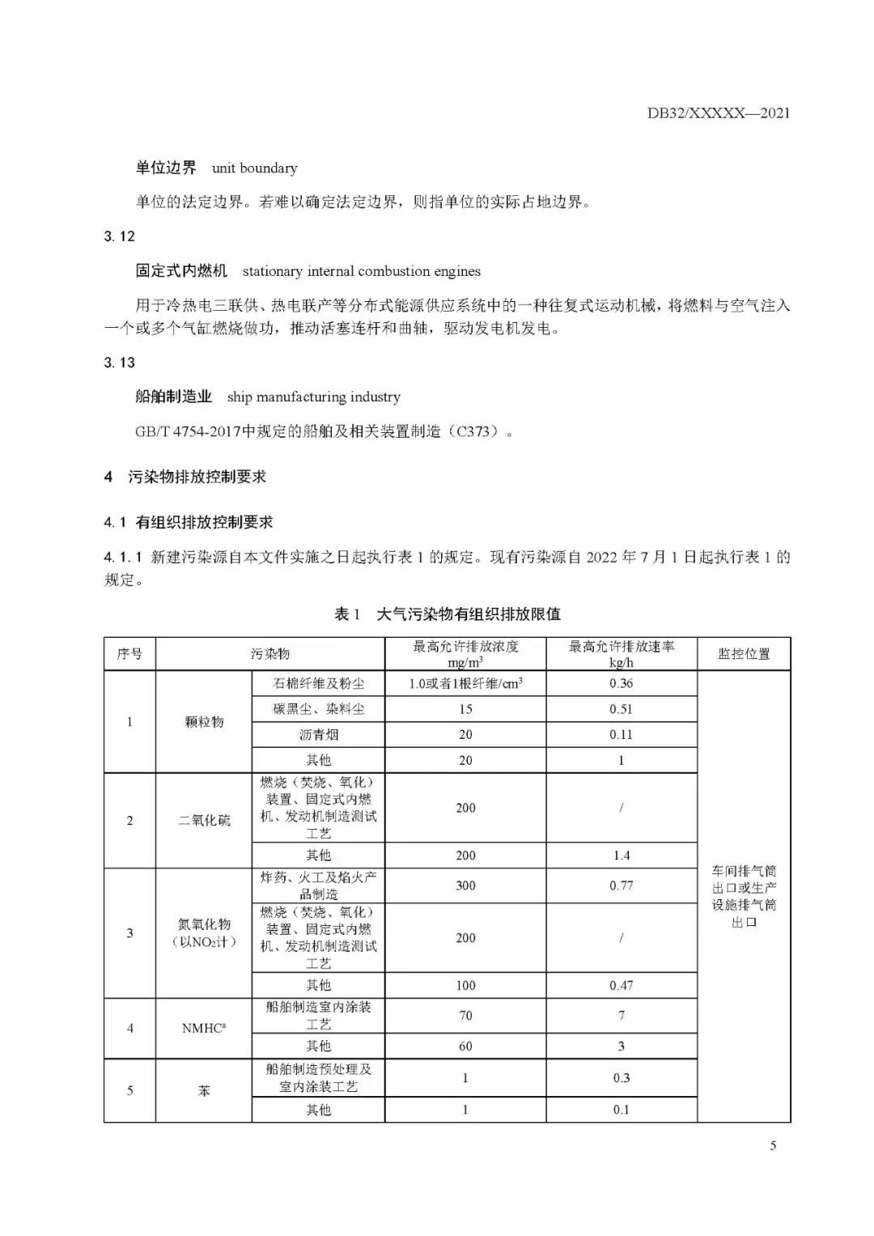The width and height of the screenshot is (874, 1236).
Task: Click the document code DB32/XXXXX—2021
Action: (x=718, y=113)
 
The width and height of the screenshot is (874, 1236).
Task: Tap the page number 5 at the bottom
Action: (x=773, y=1145)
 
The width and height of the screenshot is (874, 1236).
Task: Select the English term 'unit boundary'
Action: (x=254, y=168)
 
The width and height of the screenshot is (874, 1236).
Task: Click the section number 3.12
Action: (x=119, y=236)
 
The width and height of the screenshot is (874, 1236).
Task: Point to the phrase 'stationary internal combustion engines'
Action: (x=361, y=271)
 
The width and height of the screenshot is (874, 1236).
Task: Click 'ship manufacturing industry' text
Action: (x=313, y=397)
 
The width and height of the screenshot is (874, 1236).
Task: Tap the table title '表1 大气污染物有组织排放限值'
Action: (x=447, y=614)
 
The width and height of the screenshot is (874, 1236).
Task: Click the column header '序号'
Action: (x=129, y=654)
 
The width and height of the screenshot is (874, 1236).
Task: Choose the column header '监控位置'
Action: (x=744, y=654)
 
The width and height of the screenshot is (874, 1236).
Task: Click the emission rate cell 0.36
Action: (x=621, y=683)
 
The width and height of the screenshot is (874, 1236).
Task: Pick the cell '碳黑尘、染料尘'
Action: (x=318, y=709)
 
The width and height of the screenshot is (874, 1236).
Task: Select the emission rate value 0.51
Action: (x=621, y=709)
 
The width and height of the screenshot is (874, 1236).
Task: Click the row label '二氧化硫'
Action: (x=204, y=821)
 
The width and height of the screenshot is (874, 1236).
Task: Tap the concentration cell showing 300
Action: (x=465, y=886)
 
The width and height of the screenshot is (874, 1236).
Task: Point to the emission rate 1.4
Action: (x=621, y=856)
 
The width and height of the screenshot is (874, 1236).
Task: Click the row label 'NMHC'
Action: (x=204, y=1029)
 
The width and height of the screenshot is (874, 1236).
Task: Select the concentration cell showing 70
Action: (x=465, y=1016)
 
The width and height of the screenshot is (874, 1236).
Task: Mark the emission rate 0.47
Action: (x=621, y=986)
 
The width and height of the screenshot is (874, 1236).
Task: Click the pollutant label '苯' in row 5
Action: (x=204, y=1091)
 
